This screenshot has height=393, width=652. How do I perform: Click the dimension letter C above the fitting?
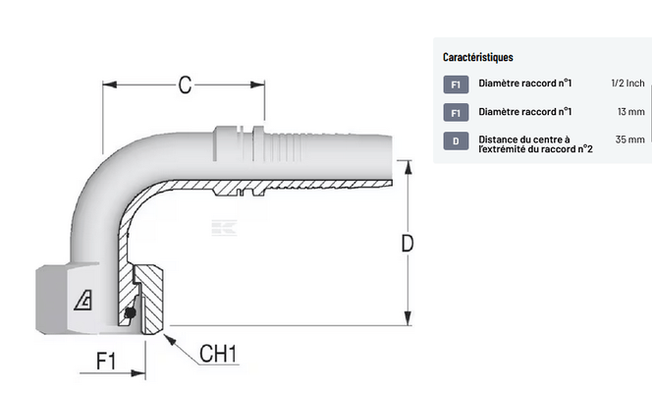click(x=184, y=84)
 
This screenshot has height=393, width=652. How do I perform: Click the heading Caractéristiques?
click(x=477, y=58)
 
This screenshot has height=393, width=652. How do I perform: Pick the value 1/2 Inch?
click(x=627, y=84)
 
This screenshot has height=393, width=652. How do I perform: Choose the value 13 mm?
click(x=630, y=113)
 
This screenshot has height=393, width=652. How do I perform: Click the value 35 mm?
click(x=630, y=140)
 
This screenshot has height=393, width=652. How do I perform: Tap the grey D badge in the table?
click(x=456, y=141)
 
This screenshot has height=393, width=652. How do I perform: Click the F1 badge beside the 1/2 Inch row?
click(x=456, y=85)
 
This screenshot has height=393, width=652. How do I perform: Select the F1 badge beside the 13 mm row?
click(x=456, y=113)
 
